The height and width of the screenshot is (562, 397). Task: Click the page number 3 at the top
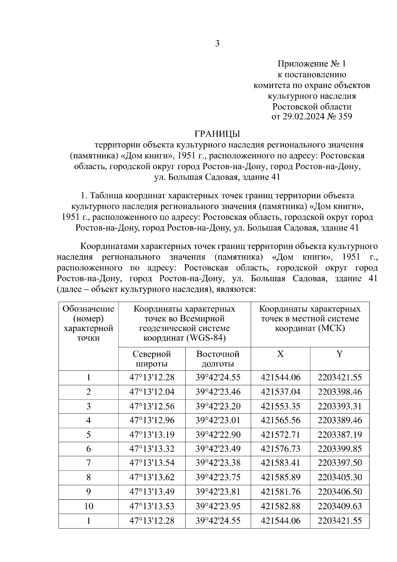[x=217, y=43]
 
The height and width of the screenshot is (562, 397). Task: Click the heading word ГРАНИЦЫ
[x=217, y=134]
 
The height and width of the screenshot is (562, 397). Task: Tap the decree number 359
[x=345, y=117]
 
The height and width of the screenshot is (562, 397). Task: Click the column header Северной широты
[x=152, y=359]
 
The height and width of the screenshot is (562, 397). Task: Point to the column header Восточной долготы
[x=218, y=359]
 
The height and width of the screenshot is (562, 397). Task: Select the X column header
[x=280, y=354]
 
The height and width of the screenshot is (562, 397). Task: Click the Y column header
[x=339, y=354]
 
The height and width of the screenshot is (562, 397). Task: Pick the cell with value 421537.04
[x=281, y=392]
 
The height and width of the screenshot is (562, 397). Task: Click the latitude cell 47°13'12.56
[x=152, y=406]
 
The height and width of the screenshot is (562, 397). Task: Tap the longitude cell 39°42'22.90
[x=218, y=435]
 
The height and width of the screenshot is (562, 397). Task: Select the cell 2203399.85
[x=340, y=449]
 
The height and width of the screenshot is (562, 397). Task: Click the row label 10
[x=88, y=506]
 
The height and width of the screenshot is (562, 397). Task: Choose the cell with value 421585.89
[x=281, y=477]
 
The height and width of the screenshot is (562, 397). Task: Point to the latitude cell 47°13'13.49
[x=152, y=492]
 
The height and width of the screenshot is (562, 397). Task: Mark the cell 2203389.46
[x=340, y=420]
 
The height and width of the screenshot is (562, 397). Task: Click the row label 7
[x=88, y=463]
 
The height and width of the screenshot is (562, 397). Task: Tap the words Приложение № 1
[x=311, y=64]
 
